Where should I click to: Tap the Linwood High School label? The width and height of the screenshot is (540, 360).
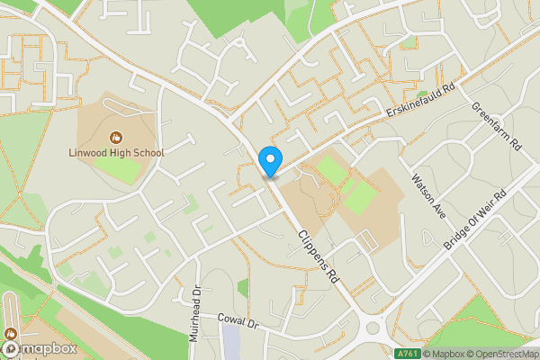[117, 152]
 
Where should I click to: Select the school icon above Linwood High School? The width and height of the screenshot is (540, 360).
[116, 137]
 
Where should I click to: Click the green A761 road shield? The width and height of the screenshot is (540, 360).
[408, 354]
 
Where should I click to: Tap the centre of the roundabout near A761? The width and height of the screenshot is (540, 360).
[379, 329]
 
